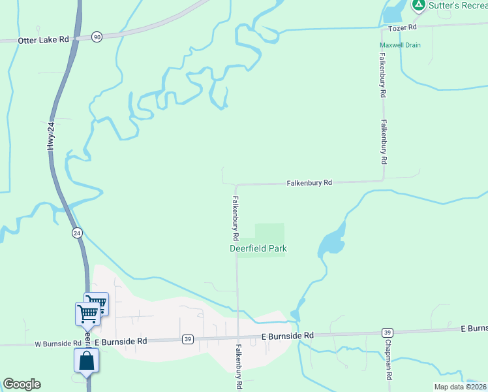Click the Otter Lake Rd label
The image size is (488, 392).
click(x=44, y=40)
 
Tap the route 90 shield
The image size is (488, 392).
click(x=97, y=37)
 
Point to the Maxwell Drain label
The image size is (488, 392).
click(x=400, y=45)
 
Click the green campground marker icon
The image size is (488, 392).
click(x=418, y=5)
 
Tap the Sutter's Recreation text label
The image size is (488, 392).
click(x=457, y=5)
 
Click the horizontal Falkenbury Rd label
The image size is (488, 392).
click(x=309, y=184)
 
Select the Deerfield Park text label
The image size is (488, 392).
click(x=258, y=248)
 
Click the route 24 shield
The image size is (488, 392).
click(x=76, y=233)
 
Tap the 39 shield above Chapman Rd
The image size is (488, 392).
click(x=388, y=333)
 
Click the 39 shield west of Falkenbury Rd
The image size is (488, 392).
click(x=188, y=338)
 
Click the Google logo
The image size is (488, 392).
click(x=22, y=384)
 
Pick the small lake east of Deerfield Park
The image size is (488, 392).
click(x=331, y=242)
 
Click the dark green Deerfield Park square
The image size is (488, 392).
click(x=269, y=233)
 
